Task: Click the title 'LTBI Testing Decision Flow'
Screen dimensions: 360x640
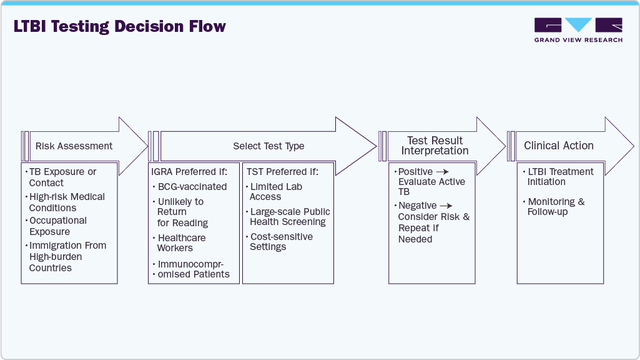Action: tap(119, 27)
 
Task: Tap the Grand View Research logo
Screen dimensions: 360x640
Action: tap(578, 30)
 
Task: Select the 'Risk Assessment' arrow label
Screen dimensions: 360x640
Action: tap(74, 146)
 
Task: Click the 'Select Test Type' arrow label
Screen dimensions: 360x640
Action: tap(268, 146)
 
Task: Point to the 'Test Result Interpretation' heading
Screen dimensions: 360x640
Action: tap(435, 146)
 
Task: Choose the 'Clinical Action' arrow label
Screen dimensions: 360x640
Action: tap(558, 146)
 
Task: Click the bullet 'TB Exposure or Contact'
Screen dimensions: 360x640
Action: tap(62, 177)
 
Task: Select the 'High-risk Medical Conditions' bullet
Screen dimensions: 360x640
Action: tap(67, 202)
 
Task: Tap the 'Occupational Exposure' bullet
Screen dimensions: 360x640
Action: tap(58, 226)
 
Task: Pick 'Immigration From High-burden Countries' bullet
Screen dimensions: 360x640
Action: tap(67, 257)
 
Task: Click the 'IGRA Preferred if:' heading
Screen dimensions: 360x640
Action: tap(189, 171)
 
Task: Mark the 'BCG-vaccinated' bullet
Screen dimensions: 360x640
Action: tap(192, 187)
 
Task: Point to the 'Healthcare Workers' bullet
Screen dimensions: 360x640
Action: tap(181, 243)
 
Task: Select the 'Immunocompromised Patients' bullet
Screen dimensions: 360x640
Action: tap(194, 269)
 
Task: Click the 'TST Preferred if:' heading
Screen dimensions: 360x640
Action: tap(282, 171)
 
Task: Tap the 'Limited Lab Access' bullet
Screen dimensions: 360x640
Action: tap(276, 192)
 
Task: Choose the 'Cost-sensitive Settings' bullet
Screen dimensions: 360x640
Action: tap(281, 242)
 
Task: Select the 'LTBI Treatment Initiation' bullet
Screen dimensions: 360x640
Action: tap(560, 177)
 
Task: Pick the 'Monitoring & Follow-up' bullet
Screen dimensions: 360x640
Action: tap(556, 207)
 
